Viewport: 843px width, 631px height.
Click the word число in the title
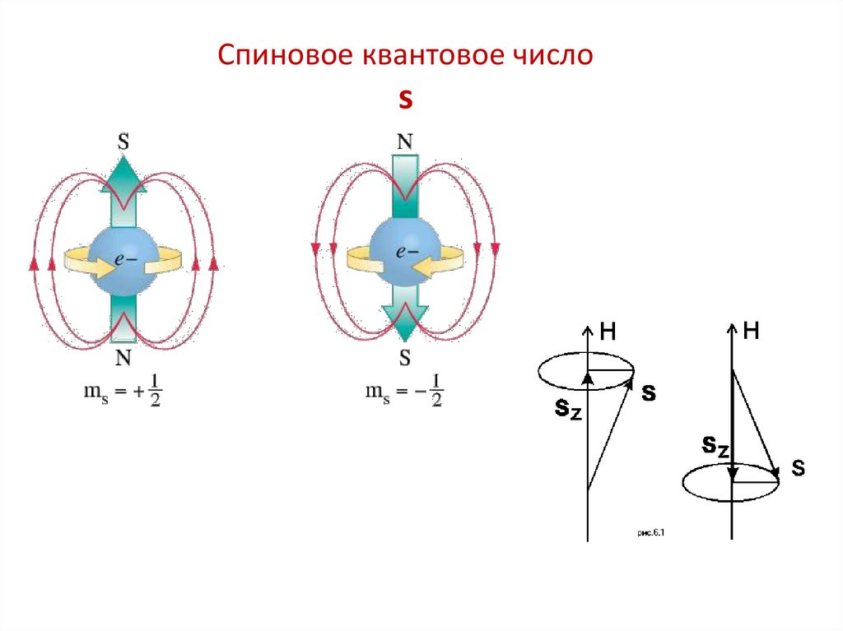coord(554,56)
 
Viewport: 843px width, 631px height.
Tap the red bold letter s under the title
coord(404,100)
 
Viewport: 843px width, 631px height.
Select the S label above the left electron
coord(123,142)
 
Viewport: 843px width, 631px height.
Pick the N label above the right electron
coord(404,142)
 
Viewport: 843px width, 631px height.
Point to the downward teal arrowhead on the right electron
coord(404,325)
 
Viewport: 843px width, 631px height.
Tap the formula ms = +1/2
coord(123,392)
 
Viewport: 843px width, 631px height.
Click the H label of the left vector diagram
coord(608,332)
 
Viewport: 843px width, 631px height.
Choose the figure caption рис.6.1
coord(650,534)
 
